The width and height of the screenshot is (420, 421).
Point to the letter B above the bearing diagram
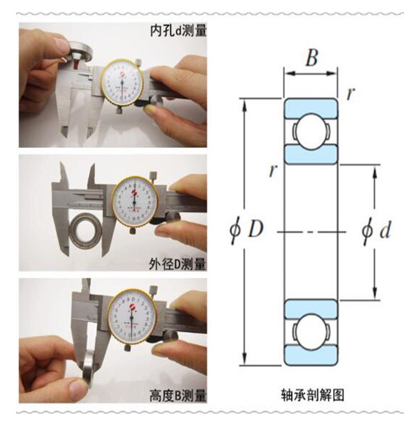pyautogui.click(x=311, y=58)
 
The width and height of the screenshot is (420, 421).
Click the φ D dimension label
pyautogui.click(x=246, y=230)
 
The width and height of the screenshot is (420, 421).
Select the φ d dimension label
pyautogui.click(x=376, y=230)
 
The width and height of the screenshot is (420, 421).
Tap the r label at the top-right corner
pyautogui.click(x=350, y=94)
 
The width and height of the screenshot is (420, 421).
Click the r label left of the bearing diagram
pyautogui.click(x=273, y=170)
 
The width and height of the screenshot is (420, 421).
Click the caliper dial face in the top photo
pyautogui.click(x=122, y=84)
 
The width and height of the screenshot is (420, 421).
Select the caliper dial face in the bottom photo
pyautogui.click(x=132, y=317)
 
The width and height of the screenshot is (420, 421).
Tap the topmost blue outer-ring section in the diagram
pyautogui.click(x=311, y=108)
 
